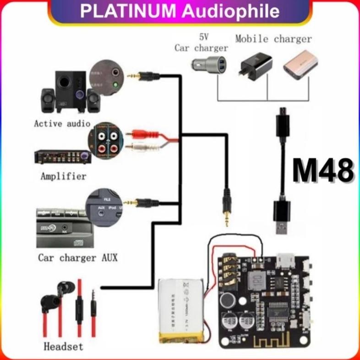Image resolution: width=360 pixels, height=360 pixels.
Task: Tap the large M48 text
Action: [x=323, y=171]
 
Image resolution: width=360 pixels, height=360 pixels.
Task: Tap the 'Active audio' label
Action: [x=62, y=124]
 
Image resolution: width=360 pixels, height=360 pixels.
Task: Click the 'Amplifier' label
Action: [x=63, y=176]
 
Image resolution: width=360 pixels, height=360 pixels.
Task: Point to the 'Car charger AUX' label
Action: [x=77, y=258]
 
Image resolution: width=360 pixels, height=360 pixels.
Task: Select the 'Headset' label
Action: [x=63, y=346]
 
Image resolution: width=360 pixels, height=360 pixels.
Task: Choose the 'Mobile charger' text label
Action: [x=273, y=39]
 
